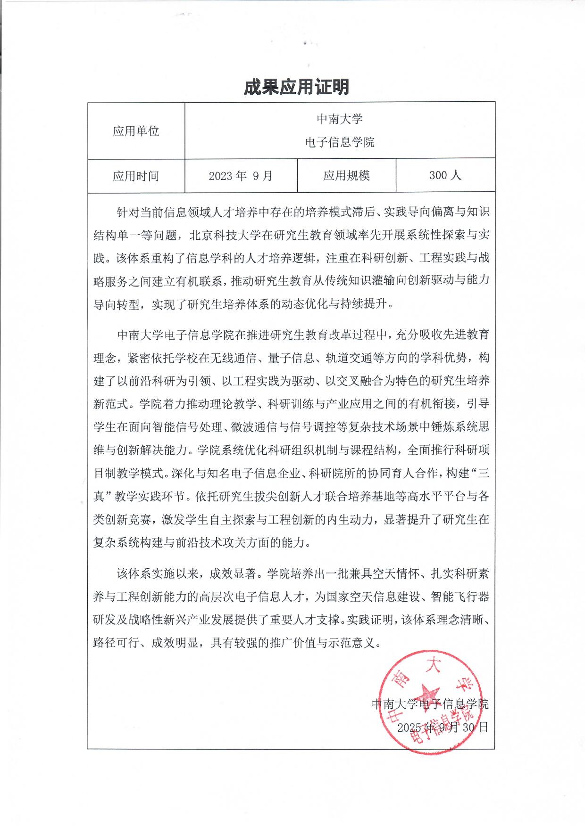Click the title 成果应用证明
click(x=296, y=87)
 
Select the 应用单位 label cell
click(x=136, y=131)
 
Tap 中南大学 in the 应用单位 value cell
click(x=339, y=119)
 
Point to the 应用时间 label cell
click(x=136, y=176)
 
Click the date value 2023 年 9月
click(x=241, y=176)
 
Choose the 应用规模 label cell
click(x=346, y=176)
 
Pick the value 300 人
click(x=445, y=175)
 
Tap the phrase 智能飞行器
click(x=460, y=597)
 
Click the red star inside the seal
click(x=428, y=693)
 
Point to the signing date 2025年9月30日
click(x=442, y=727)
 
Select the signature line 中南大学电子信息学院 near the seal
click(x=430, y=704)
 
